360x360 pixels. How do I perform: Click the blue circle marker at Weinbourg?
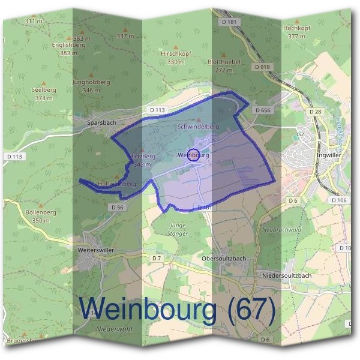(x=193, y=155)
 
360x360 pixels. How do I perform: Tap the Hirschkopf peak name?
(x=176, y=53)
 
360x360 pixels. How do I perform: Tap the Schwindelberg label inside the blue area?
(x=198, y=127)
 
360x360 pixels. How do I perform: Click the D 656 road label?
(x=263, y=110)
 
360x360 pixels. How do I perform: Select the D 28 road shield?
(x=314, y=112)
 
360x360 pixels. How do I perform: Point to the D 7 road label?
(x=157, y=257)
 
